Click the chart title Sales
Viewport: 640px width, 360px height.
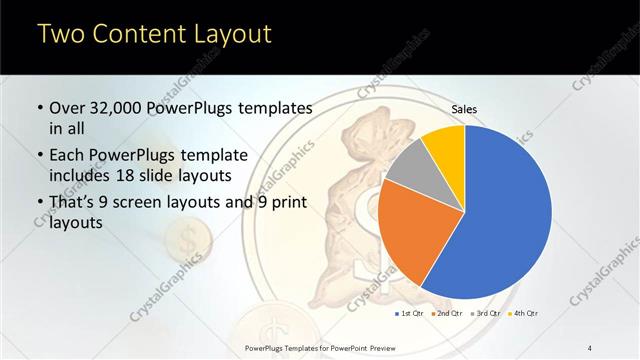pyautogui.click(x=465, y=108)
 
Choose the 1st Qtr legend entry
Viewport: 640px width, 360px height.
pyautogui.click(x=411, y=313)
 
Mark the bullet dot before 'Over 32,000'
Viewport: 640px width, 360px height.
pyautogui.click(x=39, y=108)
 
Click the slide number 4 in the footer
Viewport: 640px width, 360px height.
pyautogui.click(x=590, y=347)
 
